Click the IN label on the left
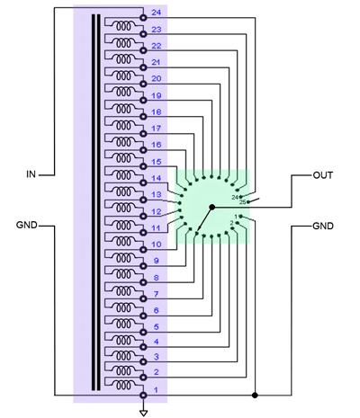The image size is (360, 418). point(31,174)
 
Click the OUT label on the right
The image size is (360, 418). point(323,175)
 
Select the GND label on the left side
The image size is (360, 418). point(27,225)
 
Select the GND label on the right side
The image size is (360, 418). point(323,226)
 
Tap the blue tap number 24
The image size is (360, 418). point(157,13)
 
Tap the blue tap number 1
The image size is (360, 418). point(156,390)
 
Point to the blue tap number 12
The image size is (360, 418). point(157,211)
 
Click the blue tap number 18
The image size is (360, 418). point(157,112)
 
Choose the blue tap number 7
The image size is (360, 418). point(156,294)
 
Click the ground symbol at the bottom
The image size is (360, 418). point(144,413)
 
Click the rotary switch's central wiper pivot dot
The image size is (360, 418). point(212,207)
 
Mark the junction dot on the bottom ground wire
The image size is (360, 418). point(255,396)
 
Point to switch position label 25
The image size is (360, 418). point(242,202)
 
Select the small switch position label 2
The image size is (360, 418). point(231,223)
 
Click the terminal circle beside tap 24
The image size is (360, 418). point(143,18)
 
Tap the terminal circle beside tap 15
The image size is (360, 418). point(143,166)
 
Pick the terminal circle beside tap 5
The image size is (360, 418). point(143,332)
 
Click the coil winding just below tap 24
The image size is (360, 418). point(123,26)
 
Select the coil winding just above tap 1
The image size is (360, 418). point(123,385)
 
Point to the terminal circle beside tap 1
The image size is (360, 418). point(143,396)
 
